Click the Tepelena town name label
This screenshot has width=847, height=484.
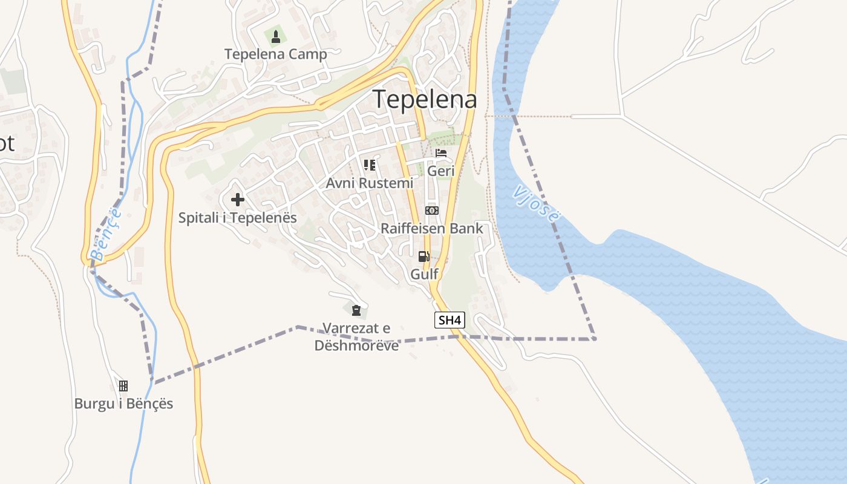click(425, 99)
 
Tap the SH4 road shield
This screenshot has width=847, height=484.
click(450, 321)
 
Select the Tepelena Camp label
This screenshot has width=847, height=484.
click(276, 54)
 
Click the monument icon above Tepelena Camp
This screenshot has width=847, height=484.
click(276, 37)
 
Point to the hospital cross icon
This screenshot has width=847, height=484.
click(238, 199)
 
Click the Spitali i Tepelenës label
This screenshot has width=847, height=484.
click(238, 217)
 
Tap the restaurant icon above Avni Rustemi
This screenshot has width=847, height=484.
click(370, 165)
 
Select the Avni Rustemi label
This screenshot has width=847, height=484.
click(370, 183)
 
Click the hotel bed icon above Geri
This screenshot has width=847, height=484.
click(441, 153)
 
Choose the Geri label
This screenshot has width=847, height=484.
click(441, 171)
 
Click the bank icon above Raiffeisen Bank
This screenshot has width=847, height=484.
click(432, 211)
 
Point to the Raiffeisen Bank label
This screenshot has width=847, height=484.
click(432, 229)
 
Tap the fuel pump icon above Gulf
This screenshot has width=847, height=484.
click(424, 256)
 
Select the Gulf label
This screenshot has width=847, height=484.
click(424, 274)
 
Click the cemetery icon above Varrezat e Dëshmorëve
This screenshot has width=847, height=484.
click(356, 311)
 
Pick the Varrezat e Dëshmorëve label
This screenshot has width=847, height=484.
click(356, 337)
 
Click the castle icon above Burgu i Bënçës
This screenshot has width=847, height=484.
click(123, 386)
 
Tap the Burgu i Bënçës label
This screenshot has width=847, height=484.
click(123, 404)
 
